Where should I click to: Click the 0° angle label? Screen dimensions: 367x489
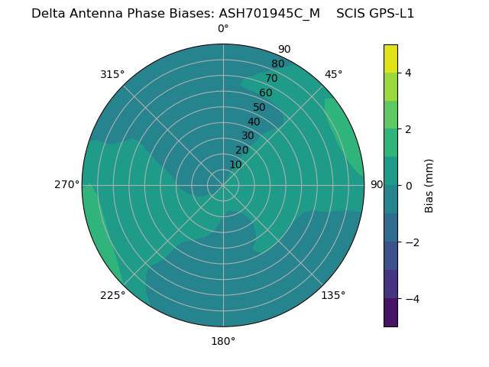[x=223, y=29]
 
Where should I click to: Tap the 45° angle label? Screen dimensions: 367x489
[x=333, y=74]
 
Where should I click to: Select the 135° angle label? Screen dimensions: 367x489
[x=333, y=295]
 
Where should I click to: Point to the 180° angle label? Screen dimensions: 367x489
[x=223, y=341]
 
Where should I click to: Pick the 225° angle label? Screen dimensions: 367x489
[x=112, y=295]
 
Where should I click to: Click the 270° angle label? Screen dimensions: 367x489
[x=67, y=184]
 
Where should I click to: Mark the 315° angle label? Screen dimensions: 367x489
[x=112, y=74]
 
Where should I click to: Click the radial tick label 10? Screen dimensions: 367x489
[x=235, y=164]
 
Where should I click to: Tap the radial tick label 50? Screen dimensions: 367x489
[x=259, y=107]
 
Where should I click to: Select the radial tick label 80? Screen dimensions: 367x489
[x=277, y=63]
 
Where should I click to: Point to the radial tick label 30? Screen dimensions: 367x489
[x=248, y=135]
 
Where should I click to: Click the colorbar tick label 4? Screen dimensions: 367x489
[x=408, y=73]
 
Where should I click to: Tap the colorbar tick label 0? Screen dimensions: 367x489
[x=408, y=186]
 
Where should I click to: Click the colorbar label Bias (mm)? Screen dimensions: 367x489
[x=429, y=186]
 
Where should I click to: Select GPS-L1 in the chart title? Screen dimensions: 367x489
[x=392, y=13]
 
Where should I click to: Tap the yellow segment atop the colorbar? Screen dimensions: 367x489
[x=390, y=58]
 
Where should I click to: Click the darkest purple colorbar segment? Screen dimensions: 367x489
[x=390, y=313]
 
